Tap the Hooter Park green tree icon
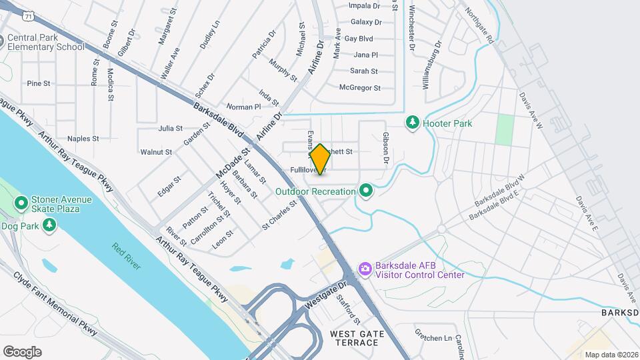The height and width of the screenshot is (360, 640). pos(413,123)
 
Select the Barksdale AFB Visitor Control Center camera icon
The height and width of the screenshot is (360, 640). pos(365,269)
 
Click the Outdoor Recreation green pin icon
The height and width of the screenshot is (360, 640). pos(365,191)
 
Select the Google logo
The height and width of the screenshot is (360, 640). pos(22,351)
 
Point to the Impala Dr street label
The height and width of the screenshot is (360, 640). pos(365,5)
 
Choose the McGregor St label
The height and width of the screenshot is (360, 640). pos(359,87)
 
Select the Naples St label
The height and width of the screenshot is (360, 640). pos(83,139)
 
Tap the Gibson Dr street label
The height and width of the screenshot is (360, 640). pos(385,148)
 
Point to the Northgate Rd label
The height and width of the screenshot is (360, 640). pos(481,27)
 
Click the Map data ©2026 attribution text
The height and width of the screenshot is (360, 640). pos(611,354)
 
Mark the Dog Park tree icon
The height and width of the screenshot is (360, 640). pos(49,226)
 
